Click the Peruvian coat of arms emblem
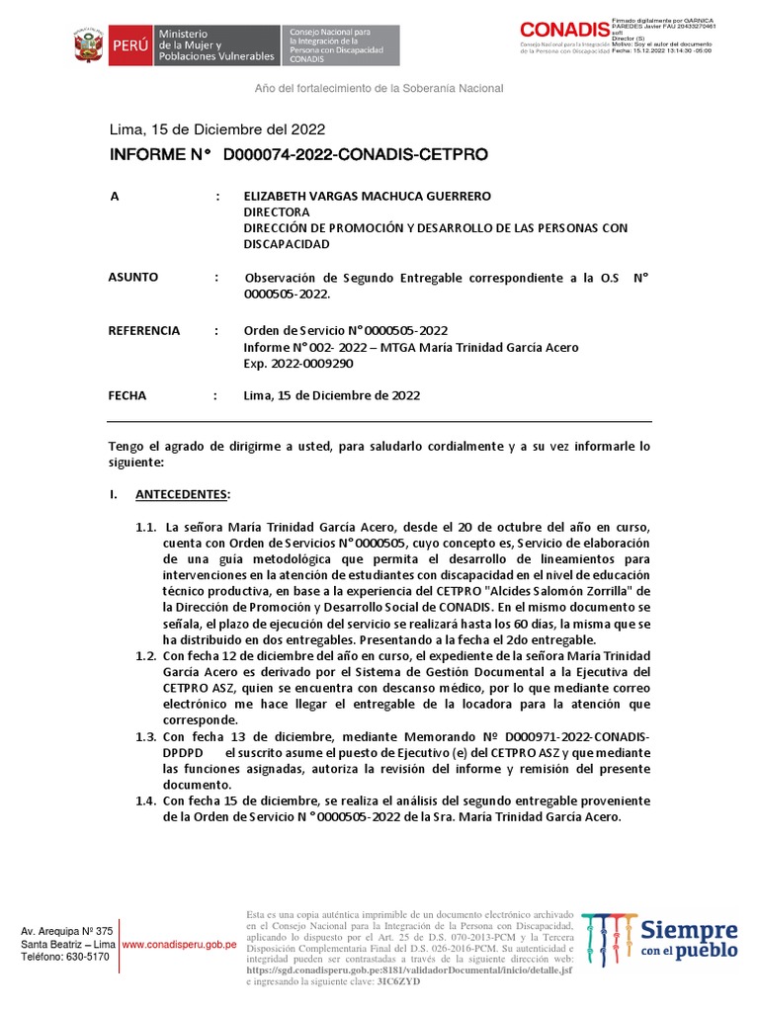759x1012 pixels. point(88,46)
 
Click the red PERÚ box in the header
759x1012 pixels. point(129,46)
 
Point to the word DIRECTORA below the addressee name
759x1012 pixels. point(277,211)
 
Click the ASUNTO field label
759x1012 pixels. point(132,278)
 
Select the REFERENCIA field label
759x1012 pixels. point(144,330)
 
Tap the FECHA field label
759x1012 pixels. point(127,395)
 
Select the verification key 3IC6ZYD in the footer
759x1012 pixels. point(399,980)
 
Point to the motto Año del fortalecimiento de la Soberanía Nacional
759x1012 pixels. point(379,88)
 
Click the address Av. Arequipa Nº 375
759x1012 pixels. point(67,931)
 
